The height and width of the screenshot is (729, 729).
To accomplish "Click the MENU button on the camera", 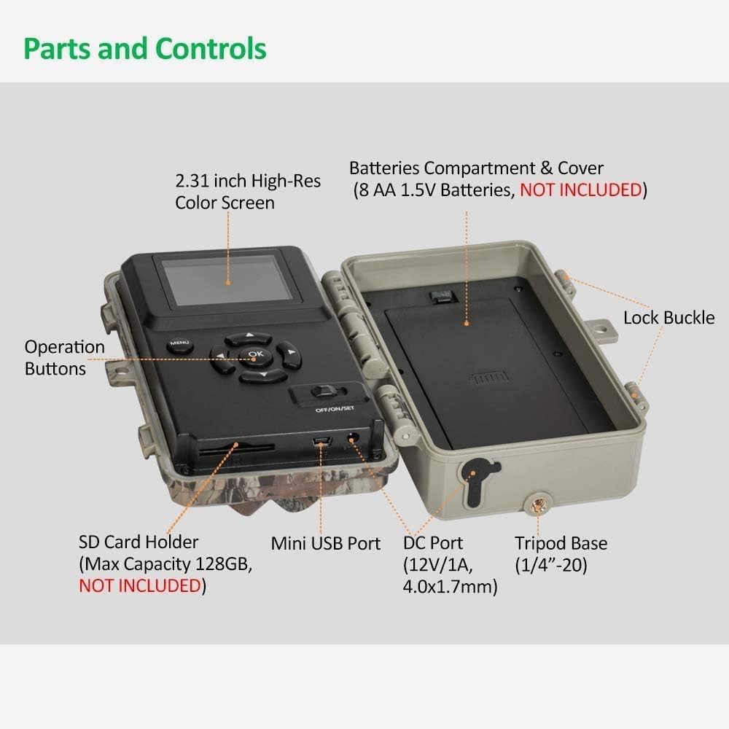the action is pyautogui.click(x=179, y=345).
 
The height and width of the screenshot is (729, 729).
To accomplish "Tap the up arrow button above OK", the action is pyautogui.click(x=249, y=338).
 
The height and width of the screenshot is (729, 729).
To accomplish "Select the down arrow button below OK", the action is pyautogui.click(x=262, y=375).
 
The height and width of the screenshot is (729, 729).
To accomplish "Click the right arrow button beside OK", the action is pyautogui.click(x=288, y=355).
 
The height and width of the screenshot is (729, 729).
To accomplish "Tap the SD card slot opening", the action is pyautogui.click(x=236, y=450).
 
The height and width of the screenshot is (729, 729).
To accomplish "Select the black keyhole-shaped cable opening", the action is pyautogui.click(x=475, y=482).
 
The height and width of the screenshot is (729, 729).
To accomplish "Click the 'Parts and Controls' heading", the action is pyautogui.click(x=145, y=49).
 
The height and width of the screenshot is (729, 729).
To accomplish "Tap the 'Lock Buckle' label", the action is pyautogui.click(x=669, y=318).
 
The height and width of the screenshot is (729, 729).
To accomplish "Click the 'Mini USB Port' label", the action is pyautogui.click(x=325, y=543).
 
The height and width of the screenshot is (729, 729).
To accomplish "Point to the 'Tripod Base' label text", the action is pyautogui.click(x=561, y=543).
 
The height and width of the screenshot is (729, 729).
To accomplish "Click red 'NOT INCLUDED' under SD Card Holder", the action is pyautogui.click(x=140, y=585).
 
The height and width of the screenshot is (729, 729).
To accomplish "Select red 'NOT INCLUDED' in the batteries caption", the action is pyautogui.click(x=581, y=190).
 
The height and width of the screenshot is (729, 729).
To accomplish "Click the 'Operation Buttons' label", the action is pyautogui.click(x=65, y=357).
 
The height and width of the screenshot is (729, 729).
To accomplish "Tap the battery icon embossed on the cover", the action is pyautogui.click(x=488, y=378).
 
